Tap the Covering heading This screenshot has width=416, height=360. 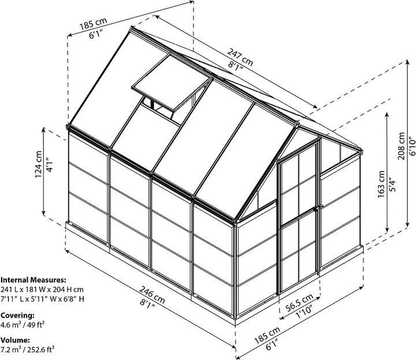pyautogui.click(x=17, y=316)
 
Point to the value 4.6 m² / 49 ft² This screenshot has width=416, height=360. pyautogui.click(x=23, y=325)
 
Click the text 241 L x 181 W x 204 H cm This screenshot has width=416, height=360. pyautogui.click(x=42, y=289)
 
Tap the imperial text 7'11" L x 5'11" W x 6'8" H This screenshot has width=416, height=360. pyautogui.click(x=43, y=299)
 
